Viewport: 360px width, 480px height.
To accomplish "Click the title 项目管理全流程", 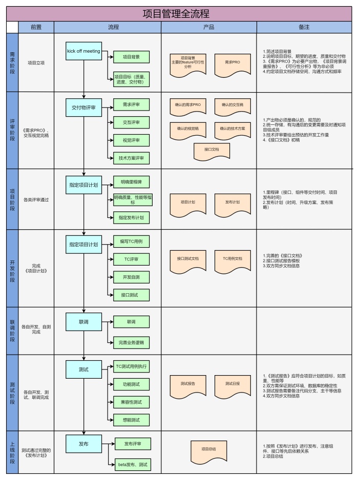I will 179,14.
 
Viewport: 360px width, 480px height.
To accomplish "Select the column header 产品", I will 208,27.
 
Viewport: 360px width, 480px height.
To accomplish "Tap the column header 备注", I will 304,27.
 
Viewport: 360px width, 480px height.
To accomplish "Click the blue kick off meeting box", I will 83,51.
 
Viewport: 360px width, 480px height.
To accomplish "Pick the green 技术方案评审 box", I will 131,159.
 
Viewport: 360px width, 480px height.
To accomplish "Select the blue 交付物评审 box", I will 83,107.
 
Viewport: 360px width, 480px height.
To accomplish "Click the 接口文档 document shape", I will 211,150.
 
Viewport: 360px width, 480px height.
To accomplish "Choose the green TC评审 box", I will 131,259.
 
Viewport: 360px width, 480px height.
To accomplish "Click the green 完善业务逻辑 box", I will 131,341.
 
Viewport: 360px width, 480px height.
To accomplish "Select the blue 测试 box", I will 83,369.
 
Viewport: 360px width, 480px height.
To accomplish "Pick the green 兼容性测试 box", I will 131,402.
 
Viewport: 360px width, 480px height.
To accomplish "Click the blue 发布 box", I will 83,444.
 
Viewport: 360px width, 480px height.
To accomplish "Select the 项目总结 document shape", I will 208,449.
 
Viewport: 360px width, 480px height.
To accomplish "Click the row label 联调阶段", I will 12,330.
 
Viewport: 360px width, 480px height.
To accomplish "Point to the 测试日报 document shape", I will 232,384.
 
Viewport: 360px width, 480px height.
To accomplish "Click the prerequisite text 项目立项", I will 36,62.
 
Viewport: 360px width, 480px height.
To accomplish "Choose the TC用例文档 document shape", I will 232,259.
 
